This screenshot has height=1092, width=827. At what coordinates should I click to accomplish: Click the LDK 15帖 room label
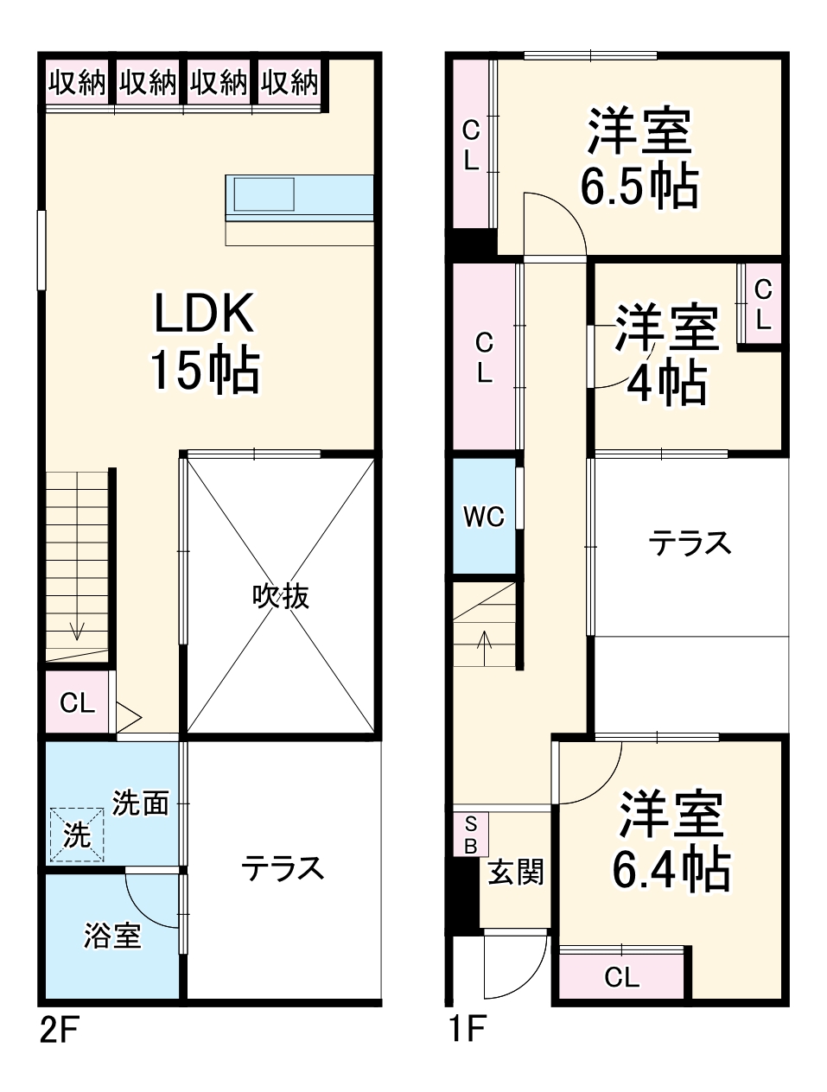205,342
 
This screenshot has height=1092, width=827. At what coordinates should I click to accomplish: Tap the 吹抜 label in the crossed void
281,596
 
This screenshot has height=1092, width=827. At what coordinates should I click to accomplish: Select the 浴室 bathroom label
112,936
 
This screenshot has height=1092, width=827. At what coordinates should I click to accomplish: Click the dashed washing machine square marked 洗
77,835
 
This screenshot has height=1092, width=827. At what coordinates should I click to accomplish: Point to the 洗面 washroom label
140,803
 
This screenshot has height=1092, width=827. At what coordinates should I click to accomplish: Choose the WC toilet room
483,517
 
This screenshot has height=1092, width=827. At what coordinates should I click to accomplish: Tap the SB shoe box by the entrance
470,835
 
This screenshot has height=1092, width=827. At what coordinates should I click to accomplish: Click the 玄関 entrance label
515,872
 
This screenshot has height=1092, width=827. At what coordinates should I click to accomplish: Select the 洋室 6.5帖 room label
639,158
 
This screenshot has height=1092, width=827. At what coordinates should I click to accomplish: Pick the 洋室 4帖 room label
666,354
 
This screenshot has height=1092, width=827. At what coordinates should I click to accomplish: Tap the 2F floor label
60,1030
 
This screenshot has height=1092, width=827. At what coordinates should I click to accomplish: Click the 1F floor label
468,1030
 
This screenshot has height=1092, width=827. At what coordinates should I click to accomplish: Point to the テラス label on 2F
282,867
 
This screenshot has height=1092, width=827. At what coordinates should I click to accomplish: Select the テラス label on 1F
690,543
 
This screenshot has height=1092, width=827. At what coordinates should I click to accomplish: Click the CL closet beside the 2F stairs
77,703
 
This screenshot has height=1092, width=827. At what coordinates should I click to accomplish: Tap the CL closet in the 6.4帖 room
621,977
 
